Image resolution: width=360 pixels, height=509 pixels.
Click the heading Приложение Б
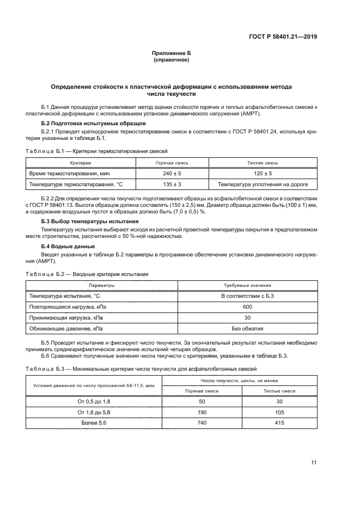click(172, 53)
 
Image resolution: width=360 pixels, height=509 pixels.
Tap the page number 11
click(314, 463)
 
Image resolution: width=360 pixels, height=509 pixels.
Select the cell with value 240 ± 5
click(156, 174)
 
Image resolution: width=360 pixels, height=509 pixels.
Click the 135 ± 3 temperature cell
click(156, 185)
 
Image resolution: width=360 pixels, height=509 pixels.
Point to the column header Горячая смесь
click(156, 163)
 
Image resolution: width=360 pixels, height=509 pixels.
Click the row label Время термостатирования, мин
click(63, 174)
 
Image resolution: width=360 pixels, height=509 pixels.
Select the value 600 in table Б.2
click(248, 306)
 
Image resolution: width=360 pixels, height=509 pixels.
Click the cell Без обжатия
click(248, 329)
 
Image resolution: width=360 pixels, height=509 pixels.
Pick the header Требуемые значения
click(248, 285)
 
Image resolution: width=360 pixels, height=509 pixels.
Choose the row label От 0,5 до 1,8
click(83, 401)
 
